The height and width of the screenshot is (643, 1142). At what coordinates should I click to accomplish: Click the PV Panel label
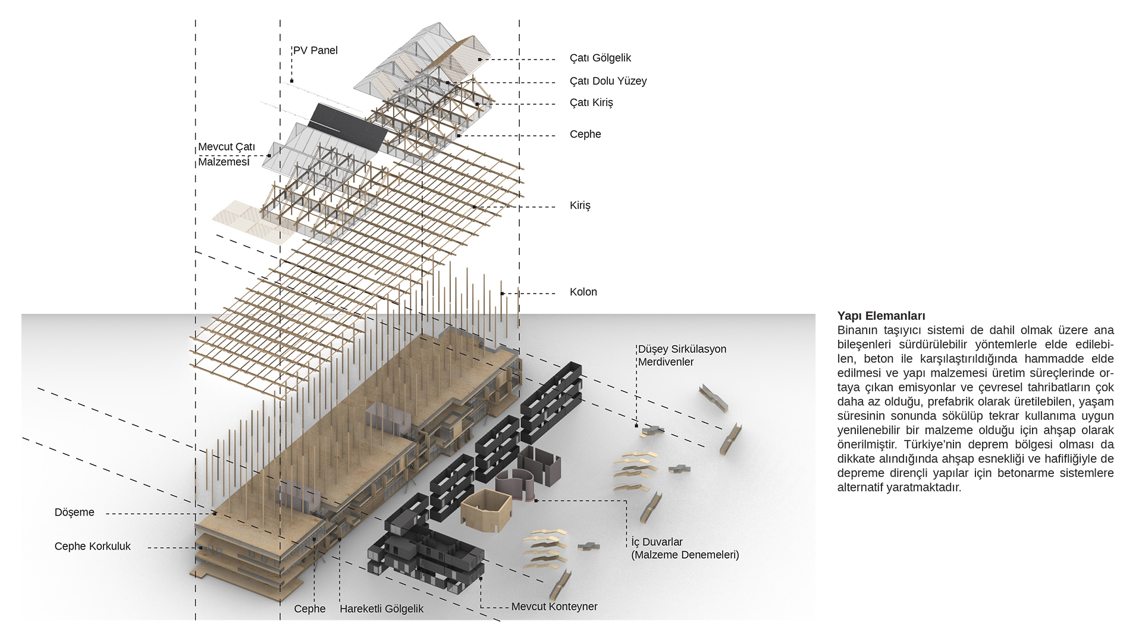pyautogui.click(x=315, y=51)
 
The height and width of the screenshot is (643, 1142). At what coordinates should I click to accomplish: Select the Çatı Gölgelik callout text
pyautogui.click(x=600, y=58)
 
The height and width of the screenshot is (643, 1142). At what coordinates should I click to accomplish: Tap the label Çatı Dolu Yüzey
pyautogui.click(x=607, y=81)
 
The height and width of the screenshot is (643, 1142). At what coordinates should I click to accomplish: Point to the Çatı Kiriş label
pyautogui.click(x=591, y=102)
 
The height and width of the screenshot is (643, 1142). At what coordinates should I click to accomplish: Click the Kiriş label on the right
pyautogui.click(x=579, y=205)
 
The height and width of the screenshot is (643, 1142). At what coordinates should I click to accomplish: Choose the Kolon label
pyautogui.click(x=583, y=292)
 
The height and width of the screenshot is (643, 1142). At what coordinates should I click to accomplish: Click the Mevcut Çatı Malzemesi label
pyautogui.click(x=226, y=154)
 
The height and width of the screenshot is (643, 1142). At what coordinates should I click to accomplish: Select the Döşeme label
pyautogui.click(x=74, y=512)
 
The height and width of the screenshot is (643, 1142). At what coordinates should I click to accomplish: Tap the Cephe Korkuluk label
pyautogui.click(x=92, y=546)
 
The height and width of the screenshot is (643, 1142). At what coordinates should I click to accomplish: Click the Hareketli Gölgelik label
pyautogui.click(x=381, y=608)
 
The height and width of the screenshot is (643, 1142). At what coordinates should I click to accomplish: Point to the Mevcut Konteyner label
pyautogui.click(x=554, y=606)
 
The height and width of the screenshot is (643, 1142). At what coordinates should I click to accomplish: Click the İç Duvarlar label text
pyautogui.click(x=684, y=548)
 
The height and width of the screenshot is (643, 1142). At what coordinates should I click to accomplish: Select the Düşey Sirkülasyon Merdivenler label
pyautogui.click(x=682, y=355)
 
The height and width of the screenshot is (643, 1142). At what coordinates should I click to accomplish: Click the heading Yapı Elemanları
pyautogui.click(x=881, y=316)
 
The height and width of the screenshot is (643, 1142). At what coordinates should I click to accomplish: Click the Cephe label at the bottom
pyautogui.click(x=309, y=608)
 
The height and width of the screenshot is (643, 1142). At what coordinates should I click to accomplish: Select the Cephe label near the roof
pyautogui.click(x=585, y=134)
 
